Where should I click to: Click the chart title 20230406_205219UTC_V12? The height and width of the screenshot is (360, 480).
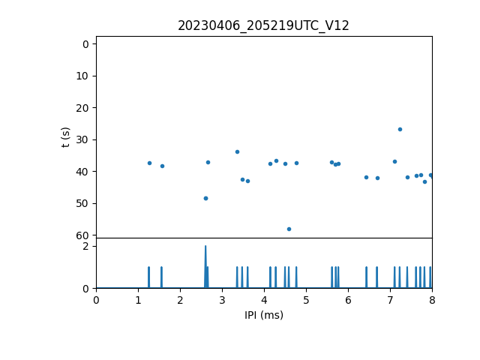point(263,25)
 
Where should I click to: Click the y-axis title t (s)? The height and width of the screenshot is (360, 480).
point(66,137)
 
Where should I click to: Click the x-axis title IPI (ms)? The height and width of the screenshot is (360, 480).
point(264,315)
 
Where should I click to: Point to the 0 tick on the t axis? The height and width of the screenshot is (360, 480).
point(85,44)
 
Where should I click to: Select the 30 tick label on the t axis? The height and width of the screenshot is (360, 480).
point(82,139)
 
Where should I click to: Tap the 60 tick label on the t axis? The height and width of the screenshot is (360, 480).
point(82,235)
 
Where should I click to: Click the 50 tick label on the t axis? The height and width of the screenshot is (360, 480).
point(82,203)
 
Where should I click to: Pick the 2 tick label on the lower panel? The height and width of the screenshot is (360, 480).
point(85,246)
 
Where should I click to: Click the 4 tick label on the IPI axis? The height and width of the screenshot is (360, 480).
point(264,300)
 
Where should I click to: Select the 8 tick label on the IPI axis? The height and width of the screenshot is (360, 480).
point(432,300)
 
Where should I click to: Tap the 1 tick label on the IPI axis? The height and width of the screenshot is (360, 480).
point(138,300)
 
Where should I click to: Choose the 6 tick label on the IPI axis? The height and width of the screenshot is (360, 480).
point(348,300)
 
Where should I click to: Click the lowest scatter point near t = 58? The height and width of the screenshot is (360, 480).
point(289,229)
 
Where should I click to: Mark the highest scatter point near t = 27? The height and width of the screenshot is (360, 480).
point(400,129)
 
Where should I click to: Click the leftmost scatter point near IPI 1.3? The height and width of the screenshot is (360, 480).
point(149,163)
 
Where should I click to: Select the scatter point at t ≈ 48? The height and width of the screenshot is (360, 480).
point(205,198)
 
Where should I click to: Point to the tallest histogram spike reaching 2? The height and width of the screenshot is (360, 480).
point(205,247)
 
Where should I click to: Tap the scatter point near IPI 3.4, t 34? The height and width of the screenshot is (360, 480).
point(237,151)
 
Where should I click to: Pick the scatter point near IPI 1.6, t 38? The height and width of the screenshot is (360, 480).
point(162,166)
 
